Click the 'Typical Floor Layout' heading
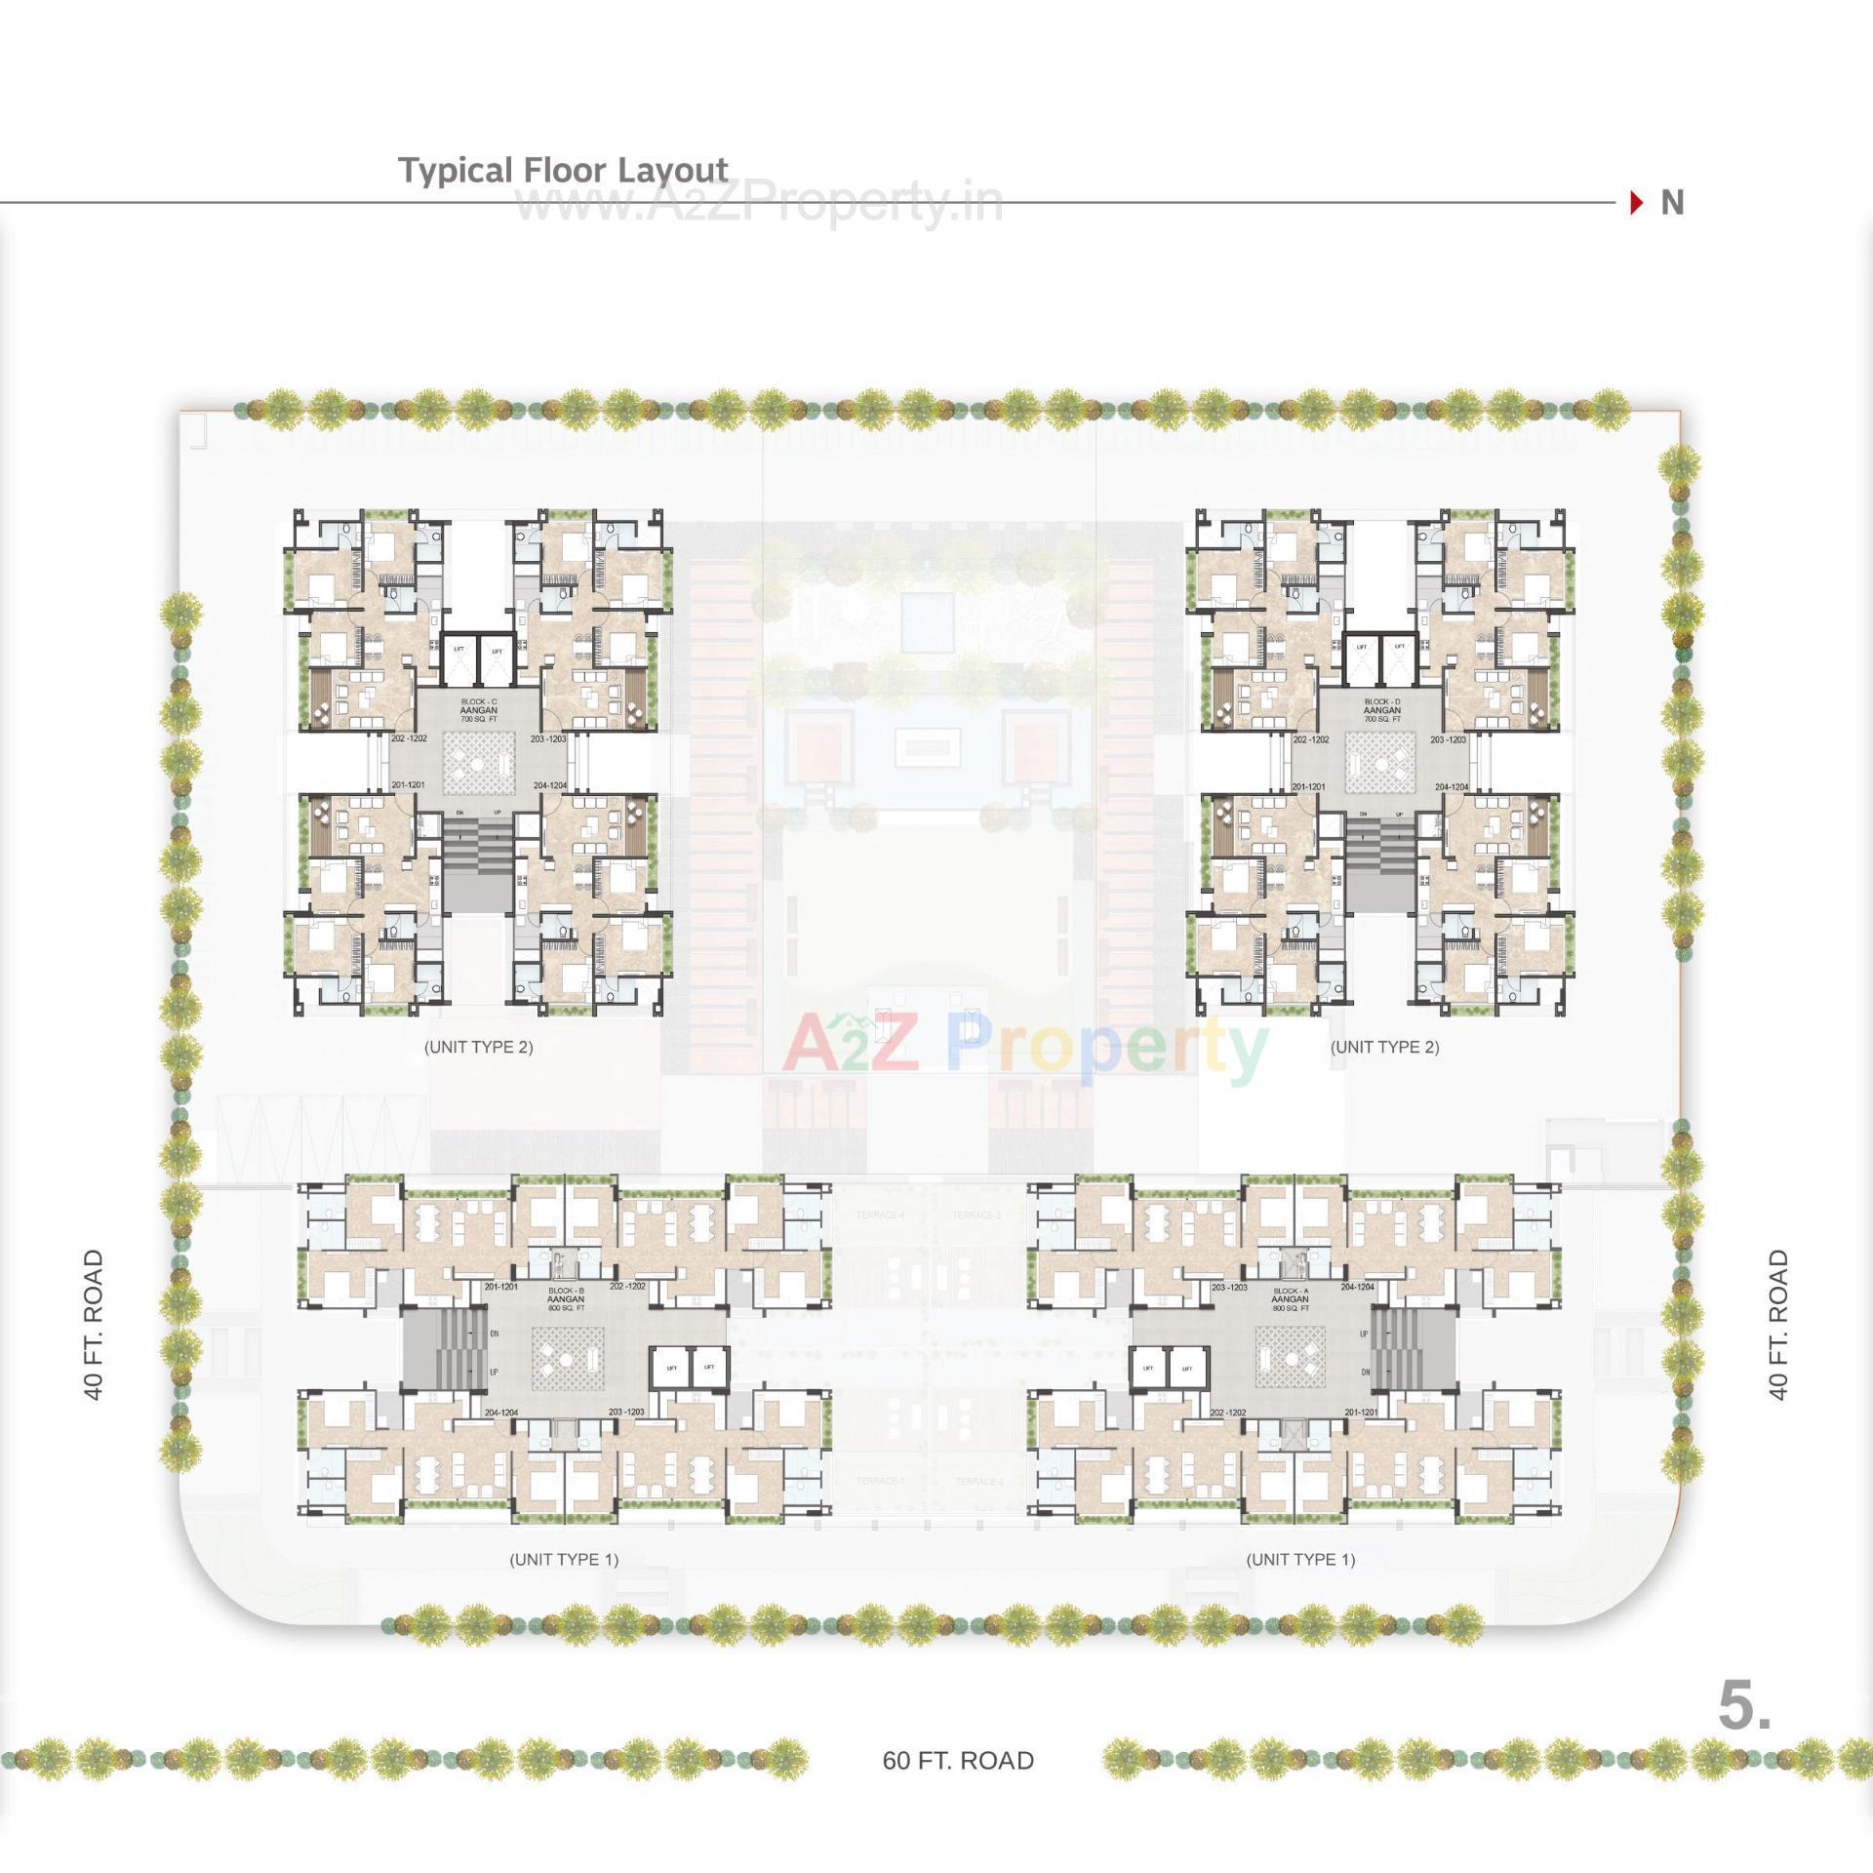tap(563, 171)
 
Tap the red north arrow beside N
tap(1636, 203)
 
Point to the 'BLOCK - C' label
tap(479, 701)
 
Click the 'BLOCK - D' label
tap(1382, 701)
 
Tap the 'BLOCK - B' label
tap(566, 1290)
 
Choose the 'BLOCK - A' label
tap(1290, 1290)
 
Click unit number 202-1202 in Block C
tap(409, 738)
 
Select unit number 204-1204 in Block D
tap(1452, 786)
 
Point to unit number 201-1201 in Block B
tap(501, 1287)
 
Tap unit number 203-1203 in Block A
tap(1229, 1288)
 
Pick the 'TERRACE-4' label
tap(880, 1215)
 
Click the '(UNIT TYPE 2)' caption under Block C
tap(479, 1047)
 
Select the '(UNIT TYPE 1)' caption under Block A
tap(1300, 1559)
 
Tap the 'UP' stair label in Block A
tap(1365, 1334)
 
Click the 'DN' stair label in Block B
tap(495, 1334)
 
